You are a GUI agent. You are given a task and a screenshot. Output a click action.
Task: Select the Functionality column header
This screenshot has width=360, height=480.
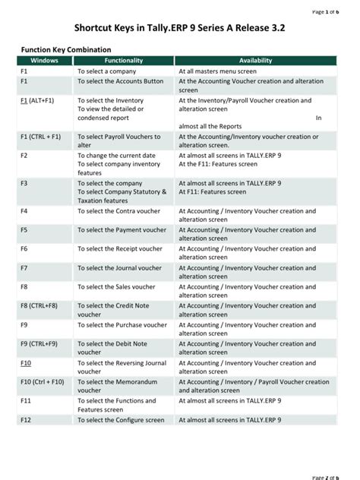click(x=124, y=60)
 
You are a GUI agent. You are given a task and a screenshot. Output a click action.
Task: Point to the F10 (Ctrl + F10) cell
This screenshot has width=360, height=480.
click(x=43, y=382)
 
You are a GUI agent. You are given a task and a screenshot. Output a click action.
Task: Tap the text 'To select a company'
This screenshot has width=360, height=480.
click(x=106, y=71)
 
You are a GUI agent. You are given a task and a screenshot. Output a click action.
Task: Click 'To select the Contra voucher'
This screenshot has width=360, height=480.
click(x=118, y=210)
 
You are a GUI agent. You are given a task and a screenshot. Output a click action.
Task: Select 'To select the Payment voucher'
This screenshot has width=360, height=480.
click(x=122, y=229)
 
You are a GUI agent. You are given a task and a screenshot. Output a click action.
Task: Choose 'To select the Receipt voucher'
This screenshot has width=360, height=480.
click(x=120, y=248)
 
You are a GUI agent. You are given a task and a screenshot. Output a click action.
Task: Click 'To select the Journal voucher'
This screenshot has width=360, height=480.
click(x=119, y=267)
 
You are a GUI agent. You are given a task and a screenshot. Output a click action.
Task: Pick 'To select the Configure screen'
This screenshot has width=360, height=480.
click(x=121, y=420)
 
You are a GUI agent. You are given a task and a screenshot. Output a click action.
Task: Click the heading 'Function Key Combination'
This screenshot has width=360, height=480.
click(x=65, y=49)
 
